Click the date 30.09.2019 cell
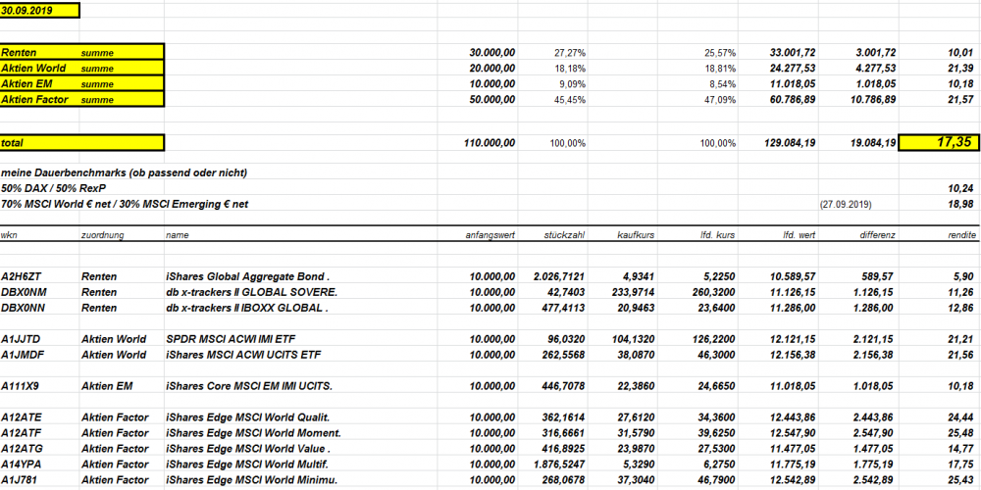coord(27,11)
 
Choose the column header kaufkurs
coord(634,236)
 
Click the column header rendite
coord(959,236)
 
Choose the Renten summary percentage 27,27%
coord(570,52)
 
